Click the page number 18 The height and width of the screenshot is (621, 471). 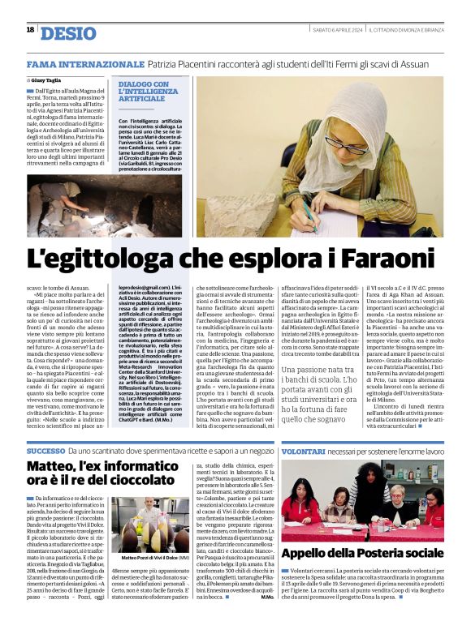tap(30, 30)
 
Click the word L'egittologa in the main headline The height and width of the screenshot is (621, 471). tap(96, 259)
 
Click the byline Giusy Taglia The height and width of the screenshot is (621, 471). tap(47, 81)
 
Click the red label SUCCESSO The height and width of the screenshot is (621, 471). tap(45, 450)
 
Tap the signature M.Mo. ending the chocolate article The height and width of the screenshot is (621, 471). tap(267, 597)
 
